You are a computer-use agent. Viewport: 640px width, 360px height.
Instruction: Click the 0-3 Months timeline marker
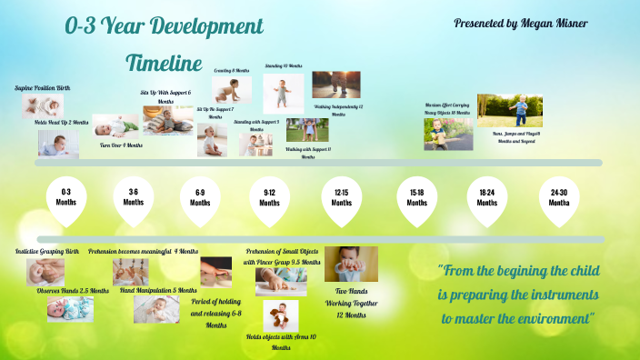pos(65,198)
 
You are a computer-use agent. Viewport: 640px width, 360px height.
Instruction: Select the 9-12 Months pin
pos(270,198)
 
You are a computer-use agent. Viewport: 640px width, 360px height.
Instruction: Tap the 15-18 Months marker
pos(416,198)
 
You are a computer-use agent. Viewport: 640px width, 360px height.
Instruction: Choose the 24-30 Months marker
pos(559,198)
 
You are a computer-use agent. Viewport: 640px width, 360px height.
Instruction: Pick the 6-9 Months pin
pos(200,198)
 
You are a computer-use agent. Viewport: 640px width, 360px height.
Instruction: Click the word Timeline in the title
pos(163,64)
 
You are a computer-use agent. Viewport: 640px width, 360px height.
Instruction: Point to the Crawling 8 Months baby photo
pos(232,89)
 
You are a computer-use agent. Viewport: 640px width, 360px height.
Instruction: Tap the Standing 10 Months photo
pos(284,93)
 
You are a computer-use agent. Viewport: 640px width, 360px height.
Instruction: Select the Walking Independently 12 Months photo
pos(335,85)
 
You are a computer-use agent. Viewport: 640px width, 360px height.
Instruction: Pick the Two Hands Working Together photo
pos(350,265)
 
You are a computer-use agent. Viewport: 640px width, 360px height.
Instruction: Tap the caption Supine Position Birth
pos(42,88)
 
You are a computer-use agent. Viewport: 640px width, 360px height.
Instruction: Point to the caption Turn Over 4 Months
pos(121,145)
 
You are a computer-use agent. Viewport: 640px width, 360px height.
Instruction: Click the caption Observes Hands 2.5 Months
pos(73,291)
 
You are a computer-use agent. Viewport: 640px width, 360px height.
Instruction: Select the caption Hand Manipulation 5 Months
pos(158,290)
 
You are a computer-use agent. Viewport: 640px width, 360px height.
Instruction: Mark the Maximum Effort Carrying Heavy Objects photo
pos(447,134)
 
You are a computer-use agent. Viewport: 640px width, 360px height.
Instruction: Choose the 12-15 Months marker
pos(342,198)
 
